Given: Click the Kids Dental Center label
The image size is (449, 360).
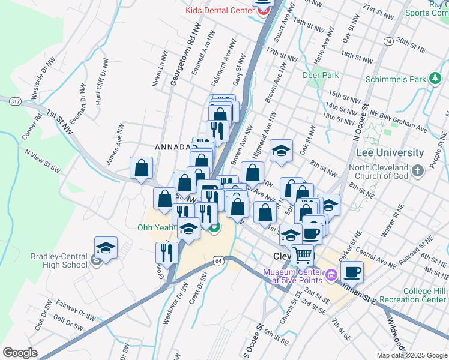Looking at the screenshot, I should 219,11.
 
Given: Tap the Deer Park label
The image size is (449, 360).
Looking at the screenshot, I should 321,75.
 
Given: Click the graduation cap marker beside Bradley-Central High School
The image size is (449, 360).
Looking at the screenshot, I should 106,248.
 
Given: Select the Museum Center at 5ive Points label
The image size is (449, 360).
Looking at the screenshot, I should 292,277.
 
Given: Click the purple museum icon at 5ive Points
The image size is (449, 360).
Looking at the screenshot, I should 331,276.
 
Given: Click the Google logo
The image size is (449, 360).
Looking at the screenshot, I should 19,352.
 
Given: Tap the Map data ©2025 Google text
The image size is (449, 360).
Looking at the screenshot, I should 412,355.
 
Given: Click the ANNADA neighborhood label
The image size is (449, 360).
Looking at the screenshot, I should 172,147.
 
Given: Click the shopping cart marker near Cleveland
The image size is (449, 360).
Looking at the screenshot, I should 302,255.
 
